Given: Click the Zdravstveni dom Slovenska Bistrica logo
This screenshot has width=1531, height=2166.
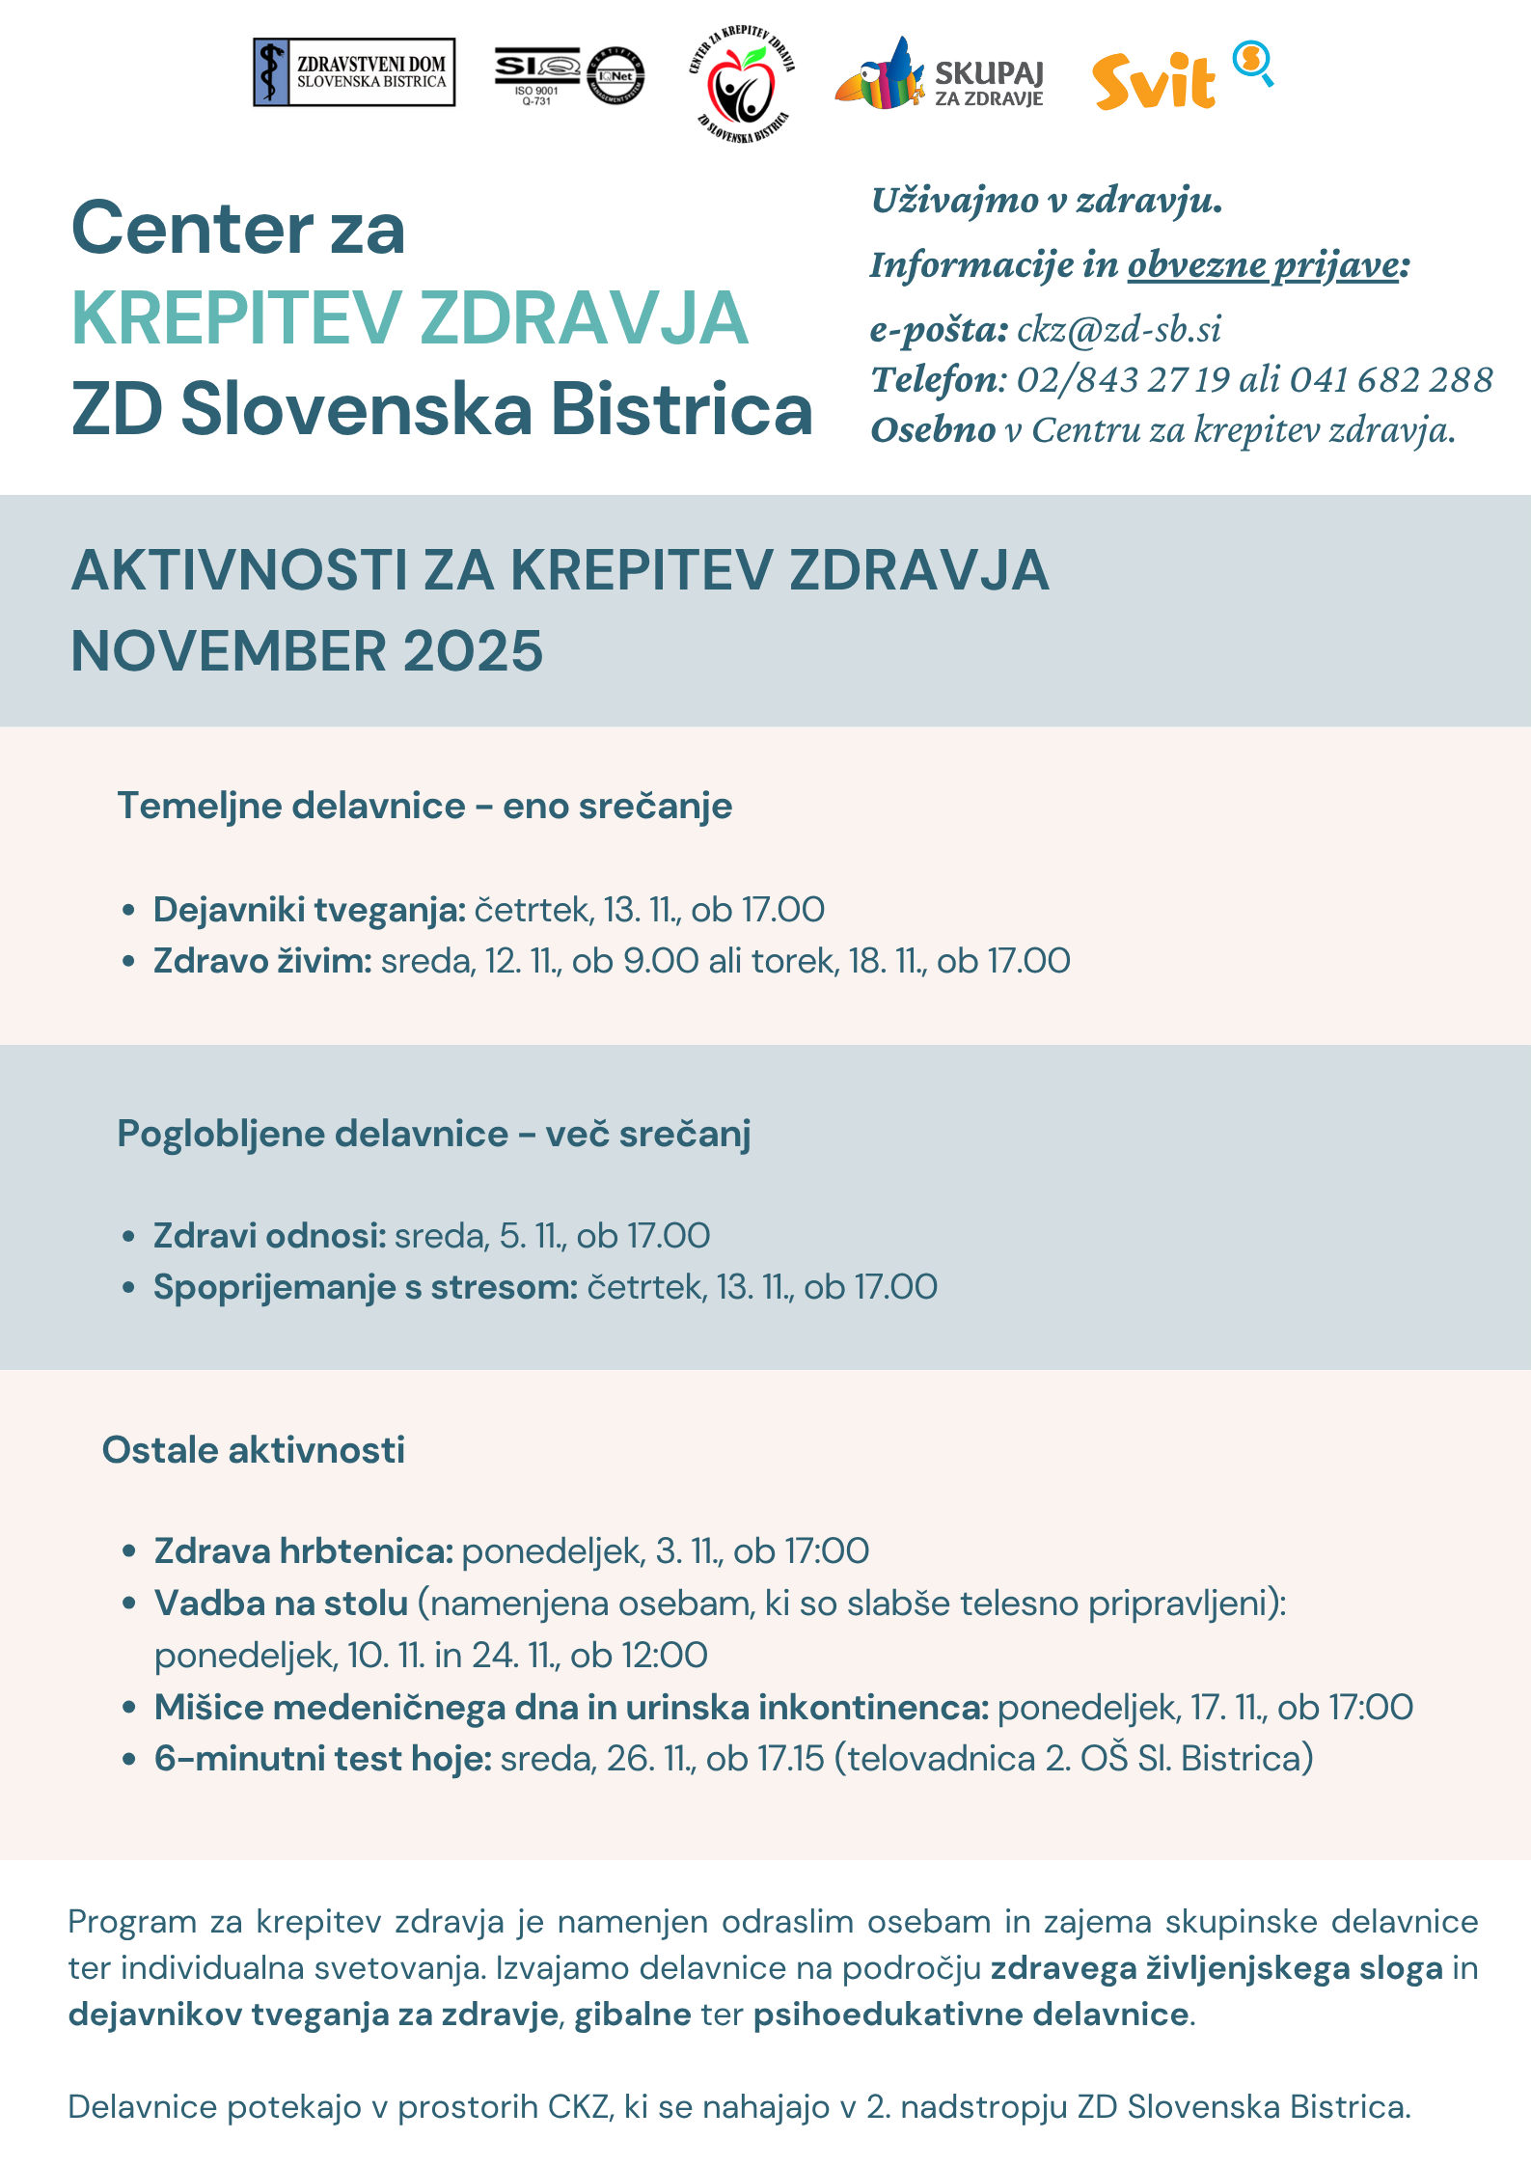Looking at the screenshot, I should pyautogui.click(x=354, y=72).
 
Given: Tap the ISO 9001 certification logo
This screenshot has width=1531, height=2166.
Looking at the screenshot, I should pyautogui.click(x=569, y=74).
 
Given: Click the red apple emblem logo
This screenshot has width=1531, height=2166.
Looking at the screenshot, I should pyautogui.click(x=741, y=85).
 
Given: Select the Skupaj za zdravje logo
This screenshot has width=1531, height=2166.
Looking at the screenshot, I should pyautogui.click(x=940, y=76).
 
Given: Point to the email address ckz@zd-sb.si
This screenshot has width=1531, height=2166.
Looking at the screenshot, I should pyautogui.click(x=1119, y=330).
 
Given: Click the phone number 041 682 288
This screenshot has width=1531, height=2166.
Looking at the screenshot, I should pyautogui.click(x=1391, y=380).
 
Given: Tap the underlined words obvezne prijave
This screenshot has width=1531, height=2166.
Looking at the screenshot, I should pyautogui.click(x=1264, y=265).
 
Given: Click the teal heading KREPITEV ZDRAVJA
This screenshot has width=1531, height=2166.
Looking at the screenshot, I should pyautogui.click(x=410, y=318).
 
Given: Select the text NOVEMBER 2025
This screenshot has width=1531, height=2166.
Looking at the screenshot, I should pyautogui.click(x=307, y=651).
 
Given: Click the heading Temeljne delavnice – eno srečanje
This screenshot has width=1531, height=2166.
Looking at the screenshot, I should pyautogui.click(x=424, y=806).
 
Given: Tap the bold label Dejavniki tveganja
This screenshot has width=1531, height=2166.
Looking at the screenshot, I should pyautogui.click(x=310, y=910).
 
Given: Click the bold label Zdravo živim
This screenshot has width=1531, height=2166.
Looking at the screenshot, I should pyautogui.click(x=262, y=961).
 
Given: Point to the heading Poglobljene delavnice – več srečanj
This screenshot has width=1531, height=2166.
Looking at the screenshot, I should pyautogui.click(x=434, y=1134).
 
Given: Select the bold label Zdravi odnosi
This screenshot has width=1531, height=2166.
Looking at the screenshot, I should pyautogui.click(x=270, y=1236).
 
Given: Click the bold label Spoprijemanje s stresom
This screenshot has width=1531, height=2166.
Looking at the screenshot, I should pyautogui.click(x=366, y=1287).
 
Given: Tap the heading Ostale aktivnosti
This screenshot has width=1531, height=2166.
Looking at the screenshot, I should pyautogui.click(x=254, y=1450).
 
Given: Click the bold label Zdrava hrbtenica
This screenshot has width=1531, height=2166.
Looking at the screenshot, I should pyautogui.click(x=304, y=1551).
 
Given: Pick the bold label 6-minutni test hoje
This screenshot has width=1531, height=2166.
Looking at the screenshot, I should pyautogui.click(x=323, y=1759).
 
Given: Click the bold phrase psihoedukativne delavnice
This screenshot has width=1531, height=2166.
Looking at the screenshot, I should pyautogui.click(x=971, y=2015).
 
